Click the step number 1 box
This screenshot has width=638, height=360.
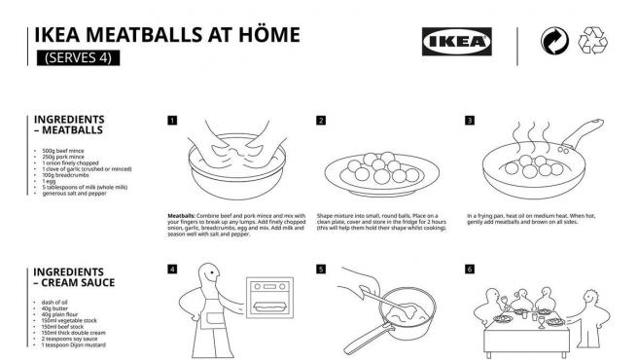[172, 121]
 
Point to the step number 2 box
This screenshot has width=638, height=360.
[321, 121]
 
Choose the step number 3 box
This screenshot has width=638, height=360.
[470, 121]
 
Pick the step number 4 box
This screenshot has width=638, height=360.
[172, 269]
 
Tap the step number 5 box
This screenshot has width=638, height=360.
[321, 269]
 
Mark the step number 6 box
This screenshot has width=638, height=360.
[470, 269]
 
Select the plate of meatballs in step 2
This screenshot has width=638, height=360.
[372, 172]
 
